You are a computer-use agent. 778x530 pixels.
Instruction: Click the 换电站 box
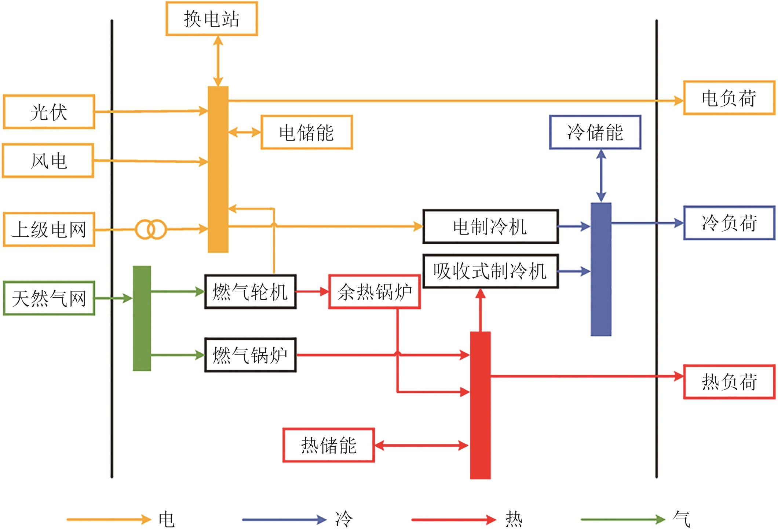tap(212, 19)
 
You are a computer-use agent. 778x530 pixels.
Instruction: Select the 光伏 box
tap(49, 112)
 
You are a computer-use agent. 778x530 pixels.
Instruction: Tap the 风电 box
tap(48, 161)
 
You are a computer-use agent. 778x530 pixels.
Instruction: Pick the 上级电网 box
tap(49, 229)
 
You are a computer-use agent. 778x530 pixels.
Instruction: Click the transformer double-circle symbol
tap(151, 229)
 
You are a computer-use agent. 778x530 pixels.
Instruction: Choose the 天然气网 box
tap(49, 298)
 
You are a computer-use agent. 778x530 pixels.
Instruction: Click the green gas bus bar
tap(142, 318)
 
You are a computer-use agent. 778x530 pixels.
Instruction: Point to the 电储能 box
tap(307, 132)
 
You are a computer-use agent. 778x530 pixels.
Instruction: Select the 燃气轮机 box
tap(250, 292)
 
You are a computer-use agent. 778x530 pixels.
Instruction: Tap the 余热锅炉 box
tap(375, 292)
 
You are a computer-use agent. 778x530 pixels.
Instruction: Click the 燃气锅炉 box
tap(250, 355)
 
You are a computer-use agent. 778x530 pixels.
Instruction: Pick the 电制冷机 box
tap(490, 226)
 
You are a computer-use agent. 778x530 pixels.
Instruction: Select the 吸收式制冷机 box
tap(490, 271)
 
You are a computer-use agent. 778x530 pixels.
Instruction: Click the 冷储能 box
tap(595, 132)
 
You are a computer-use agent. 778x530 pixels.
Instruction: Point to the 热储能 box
tap(329, 445)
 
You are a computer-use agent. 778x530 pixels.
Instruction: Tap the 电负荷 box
tap(729, 98)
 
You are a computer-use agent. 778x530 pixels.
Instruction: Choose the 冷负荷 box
tap(729, 223)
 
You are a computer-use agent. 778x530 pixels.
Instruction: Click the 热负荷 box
tap(729, 382)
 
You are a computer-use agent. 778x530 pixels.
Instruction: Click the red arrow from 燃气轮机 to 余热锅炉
tap(312, 292)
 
